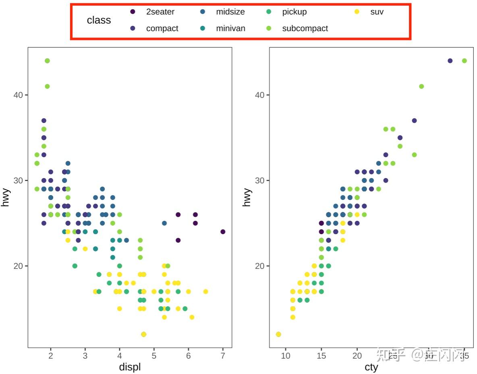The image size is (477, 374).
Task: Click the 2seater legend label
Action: tap(160, 12)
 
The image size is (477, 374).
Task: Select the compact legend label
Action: tap(162, 29)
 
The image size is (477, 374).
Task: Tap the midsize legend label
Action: tap(230, 12)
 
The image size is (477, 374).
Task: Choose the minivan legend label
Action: tap(230, 29)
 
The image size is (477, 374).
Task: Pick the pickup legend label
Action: tap(294, 12)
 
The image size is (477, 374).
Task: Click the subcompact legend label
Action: tap(305, 29)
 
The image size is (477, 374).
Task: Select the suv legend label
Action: tap(377, 12)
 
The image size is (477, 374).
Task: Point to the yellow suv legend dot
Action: tap(357, 12)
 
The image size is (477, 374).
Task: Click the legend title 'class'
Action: tap(99, 20)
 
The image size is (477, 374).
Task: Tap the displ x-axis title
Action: tap(130, 367)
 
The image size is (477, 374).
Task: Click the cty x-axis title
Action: tap(371, 367)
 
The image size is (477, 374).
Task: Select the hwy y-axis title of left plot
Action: tap(5, 197)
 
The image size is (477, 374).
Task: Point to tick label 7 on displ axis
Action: tap(223, 356)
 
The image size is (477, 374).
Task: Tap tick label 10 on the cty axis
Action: tap(285, 356)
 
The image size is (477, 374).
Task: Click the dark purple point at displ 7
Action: tap(223, 232)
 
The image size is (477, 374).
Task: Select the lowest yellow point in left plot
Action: tap(144, 334)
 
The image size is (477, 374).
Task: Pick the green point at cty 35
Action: tap(464, 61)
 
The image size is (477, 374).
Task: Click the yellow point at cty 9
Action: tap(278, 334)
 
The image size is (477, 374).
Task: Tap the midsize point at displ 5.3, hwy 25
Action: tap(164, 223)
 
